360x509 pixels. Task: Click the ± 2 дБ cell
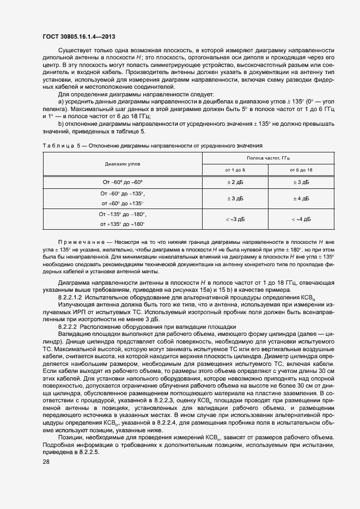pyautogui.click(x=235, y=182)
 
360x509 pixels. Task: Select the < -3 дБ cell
pyautogui.click(x=235, y=219)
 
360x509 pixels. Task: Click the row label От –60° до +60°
pyautogui.click(x=122, y=182)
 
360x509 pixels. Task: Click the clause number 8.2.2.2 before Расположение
pyautogui.click(x=70, y=326)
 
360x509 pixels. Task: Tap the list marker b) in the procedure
pyautogui.click(x=61, y=124)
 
